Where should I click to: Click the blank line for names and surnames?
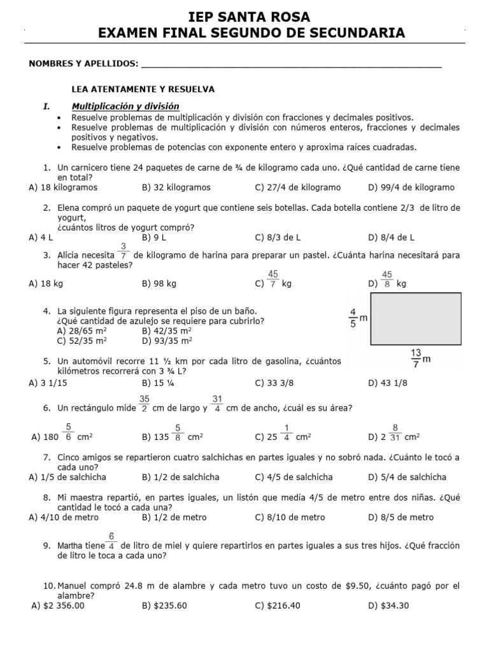click(x=290, y=66)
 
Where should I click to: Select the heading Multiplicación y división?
click(x=125, y=106)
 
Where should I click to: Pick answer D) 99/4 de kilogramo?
click(x=411, y=188)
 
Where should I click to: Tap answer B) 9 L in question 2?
click(x=155, y=237)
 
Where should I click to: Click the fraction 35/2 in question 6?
click(x=145, y=404)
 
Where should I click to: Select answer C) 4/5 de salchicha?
click(x=294, y=477)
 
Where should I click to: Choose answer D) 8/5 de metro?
click(x=400, y=518)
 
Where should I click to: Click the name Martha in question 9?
click(x=71, y=546)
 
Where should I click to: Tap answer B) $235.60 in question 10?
click(x=164, y=606)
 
